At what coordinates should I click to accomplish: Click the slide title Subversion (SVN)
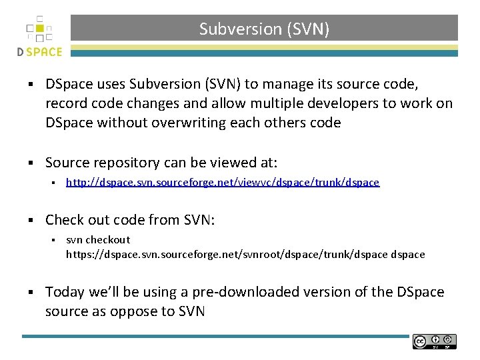(x=264, y=29)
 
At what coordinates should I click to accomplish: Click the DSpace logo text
(x=40, y=51)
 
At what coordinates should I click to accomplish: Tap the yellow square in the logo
(x=39, y=29)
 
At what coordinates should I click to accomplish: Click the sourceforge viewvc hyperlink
(x=223, y=183)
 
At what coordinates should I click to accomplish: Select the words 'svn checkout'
(x=98, y=240)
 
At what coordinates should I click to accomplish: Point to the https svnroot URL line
(x=245, y=255)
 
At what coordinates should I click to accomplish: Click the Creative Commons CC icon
(x=420, y=341)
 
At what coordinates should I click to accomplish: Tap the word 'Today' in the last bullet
(x=64, y=293)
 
